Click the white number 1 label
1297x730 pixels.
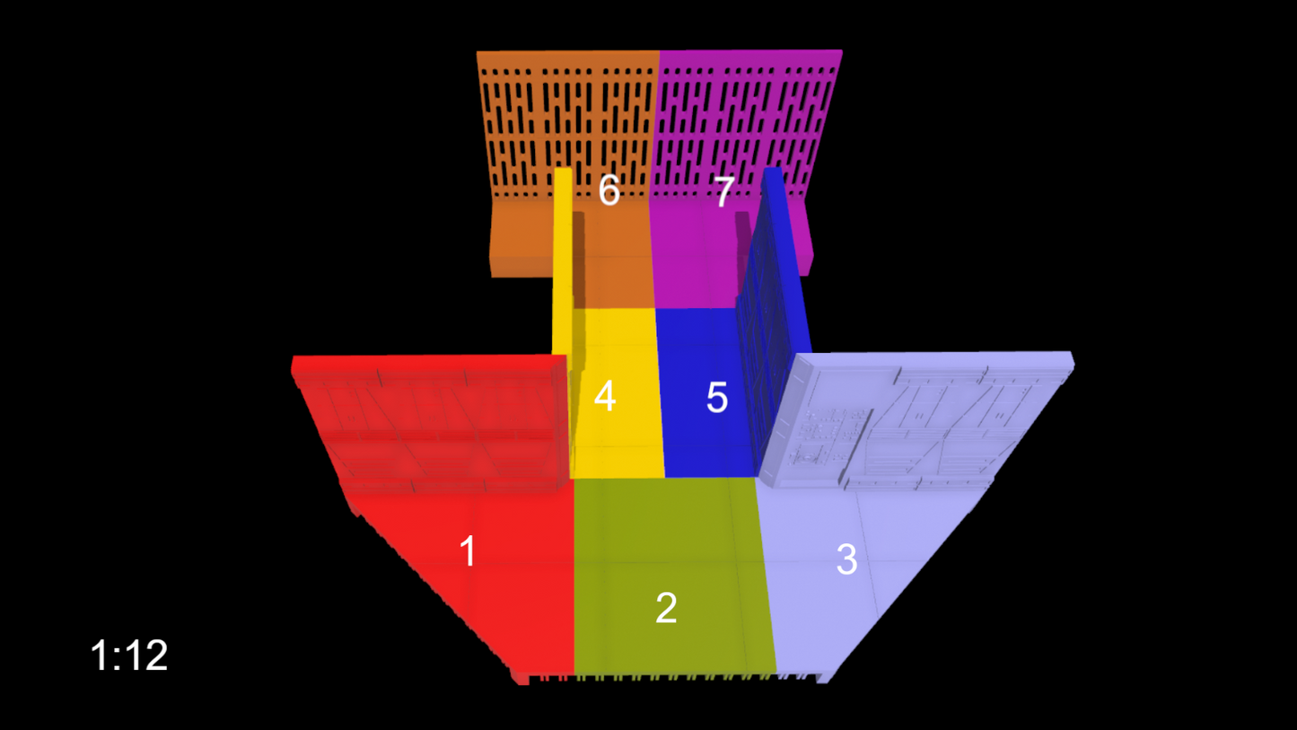(468, 550)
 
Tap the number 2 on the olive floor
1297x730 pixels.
(666, 608)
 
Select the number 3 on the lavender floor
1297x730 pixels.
(846, 559)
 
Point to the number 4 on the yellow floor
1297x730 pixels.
(604, 396)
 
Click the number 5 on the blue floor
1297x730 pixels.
(717, 398)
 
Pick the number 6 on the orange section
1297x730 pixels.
(609, 189)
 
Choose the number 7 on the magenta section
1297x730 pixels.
(724, 192)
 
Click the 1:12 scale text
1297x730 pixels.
(129, 655)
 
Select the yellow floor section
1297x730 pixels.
(617, 394)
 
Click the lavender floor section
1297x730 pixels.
(857, 574)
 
